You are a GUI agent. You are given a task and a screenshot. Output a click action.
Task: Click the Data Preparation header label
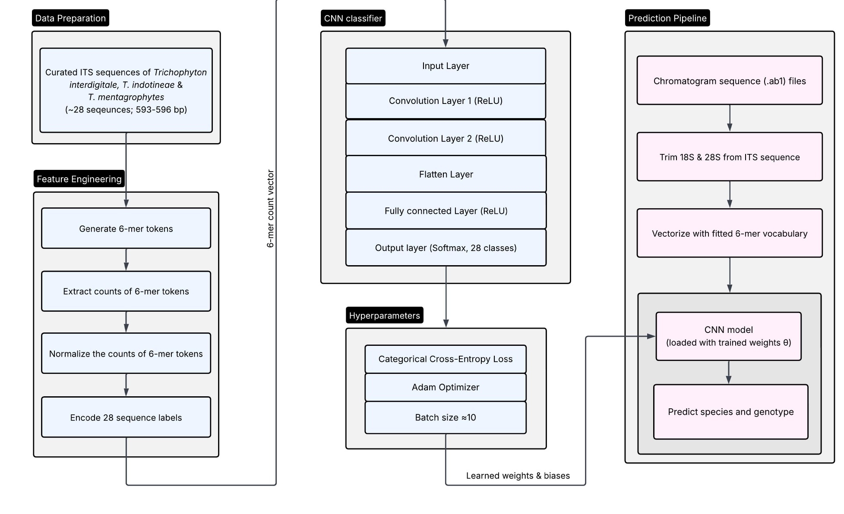tap(70, 18)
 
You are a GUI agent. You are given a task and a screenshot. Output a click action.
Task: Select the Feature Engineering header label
tap(79, 179)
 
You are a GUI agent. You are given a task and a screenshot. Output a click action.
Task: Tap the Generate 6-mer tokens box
tap(126, 229)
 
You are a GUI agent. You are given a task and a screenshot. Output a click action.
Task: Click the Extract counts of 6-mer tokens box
tap(126, 291)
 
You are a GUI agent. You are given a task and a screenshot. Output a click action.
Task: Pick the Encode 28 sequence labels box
tap(126, 417)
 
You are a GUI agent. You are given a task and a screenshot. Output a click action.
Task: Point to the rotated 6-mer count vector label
tap(271, 208)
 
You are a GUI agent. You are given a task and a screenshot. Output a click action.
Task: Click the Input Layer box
tap(446, 66)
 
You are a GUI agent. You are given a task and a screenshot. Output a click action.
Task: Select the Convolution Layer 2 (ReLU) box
tap(446, 138)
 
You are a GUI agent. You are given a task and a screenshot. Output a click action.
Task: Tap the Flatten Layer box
tap(446, 174)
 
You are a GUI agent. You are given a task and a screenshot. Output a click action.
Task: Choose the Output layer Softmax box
tap(446, 248)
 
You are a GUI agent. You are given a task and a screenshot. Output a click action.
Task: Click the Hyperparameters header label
tap(384, 316)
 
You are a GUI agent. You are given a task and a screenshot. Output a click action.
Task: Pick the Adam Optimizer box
tap(446, 387)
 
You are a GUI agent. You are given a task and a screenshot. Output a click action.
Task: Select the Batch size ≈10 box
tap(446, 417)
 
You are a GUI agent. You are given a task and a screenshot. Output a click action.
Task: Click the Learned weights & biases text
tap(518, 476)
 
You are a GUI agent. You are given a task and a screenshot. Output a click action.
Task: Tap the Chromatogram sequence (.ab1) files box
tap(730, 81)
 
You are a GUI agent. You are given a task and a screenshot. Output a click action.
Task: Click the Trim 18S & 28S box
tap(730, 157)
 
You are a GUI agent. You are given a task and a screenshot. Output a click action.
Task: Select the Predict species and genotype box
tap(730, 412)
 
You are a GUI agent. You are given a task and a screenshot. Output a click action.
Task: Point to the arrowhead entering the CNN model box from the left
tap(651, 336)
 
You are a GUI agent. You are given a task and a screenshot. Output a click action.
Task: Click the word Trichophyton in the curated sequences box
tap(180, 72)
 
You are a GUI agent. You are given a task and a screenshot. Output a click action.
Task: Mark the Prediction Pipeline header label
tap(667, 18)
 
